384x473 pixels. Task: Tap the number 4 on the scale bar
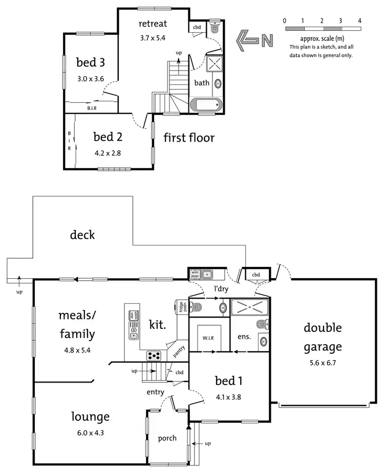(360, 21)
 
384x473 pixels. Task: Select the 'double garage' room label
(323, 337)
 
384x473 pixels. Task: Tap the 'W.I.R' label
(208, 337)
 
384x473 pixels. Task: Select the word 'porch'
(167, 438)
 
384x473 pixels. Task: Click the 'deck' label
(82, 235)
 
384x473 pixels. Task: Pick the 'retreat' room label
(153, 24)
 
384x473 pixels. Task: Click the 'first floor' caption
(189, 138)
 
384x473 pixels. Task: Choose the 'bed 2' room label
(107, 137)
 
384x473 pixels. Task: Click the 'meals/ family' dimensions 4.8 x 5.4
(77, 351)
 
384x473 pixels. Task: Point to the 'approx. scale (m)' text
(321, 39)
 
